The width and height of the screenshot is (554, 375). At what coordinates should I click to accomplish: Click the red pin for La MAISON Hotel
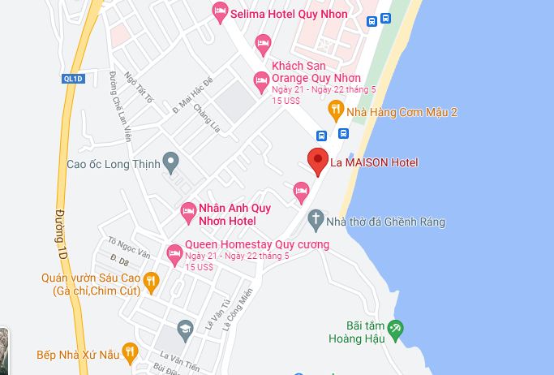click(317, 161)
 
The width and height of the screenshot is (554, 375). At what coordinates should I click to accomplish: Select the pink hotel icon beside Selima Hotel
click(219, 13)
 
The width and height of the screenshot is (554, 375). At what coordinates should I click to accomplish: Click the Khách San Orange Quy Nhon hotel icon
click(261, 80)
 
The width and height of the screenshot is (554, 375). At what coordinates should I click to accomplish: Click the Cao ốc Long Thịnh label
click(114, 162)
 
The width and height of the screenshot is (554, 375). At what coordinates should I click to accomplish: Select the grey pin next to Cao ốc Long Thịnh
click(170, 162)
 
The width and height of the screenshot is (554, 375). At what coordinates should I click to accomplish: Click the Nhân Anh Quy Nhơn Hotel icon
click(187, 210)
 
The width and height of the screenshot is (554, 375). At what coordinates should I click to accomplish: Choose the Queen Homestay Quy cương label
click(257, 244)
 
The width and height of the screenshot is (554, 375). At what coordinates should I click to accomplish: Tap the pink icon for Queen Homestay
click(174, 254)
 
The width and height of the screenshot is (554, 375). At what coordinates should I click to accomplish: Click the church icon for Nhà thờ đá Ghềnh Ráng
click(316, 220)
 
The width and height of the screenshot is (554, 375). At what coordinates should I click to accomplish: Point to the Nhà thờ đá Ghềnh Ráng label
click(385, 222)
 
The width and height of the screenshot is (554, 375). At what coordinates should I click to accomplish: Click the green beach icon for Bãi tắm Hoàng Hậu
click(395, 329)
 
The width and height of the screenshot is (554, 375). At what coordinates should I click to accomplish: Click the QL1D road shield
click(73, 78)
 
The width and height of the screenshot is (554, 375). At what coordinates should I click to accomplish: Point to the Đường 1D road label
click(60, 226)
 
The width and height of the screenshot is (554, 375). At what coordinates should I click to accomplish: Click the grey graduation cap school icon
click(186, 329)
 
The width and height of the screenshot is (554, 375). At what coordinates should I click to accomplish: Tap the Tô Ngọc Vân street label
click(129, 248)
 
